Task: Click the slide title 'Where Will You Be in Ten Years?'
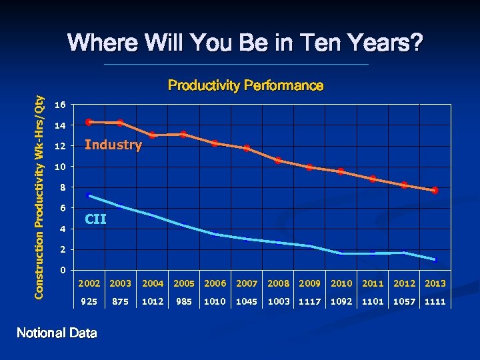245,44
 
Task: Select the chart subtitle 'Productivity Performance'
245,86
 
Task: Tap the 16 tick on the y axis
60,105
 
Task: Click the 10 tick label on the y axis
60,167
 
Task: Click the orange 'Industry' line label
113,145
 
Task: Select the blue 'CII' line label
95,219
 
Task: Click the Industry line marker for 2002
89,122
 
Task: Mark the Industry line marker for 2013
435,191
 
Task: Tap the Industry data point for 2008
278,161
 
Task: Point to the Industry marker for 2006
215,143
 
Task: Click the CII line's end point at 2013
435,259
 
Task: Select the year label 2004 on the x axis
152,283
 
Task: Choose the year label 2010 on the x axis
341,283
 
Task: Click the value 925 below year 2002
89,301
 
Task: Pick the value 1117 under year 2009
309,301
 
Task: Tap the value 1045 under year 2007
247,301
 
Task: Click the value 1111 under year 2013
435,301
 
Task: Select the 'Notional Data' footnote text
57,333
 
